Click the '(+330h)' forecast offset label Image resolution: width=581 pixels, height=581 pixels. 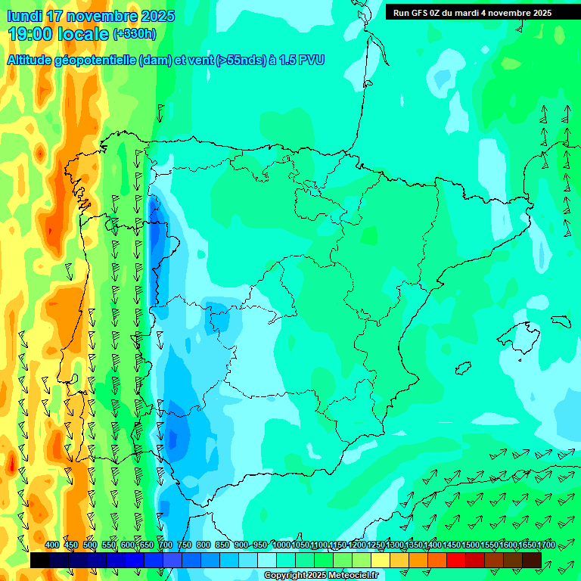tap(134, 33)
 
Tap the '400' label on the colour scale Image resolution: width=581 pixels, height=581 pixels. tap(52, 545)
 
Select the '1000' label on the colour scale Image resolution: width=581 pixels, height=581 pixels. tap(281, 545)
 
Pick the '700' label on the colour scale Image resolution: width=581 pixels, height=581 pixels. tap(166, 545)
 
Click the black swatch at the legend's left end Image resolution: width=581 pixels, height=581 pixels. tap(40, 560)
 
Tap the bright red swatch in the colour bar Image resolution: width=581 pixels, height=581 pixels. tap(456, 560)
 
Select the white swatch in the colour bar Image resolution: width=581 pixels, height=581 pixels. tap(267, 560)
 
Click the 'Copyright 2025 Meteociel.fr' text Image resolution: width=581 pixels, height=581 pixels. tap(321, 576)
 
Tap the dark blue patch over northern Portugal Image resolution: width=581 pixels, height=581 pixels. tap(157, 227)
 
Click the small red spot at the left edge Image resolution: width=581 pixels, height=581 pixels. tap(11, 463)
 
